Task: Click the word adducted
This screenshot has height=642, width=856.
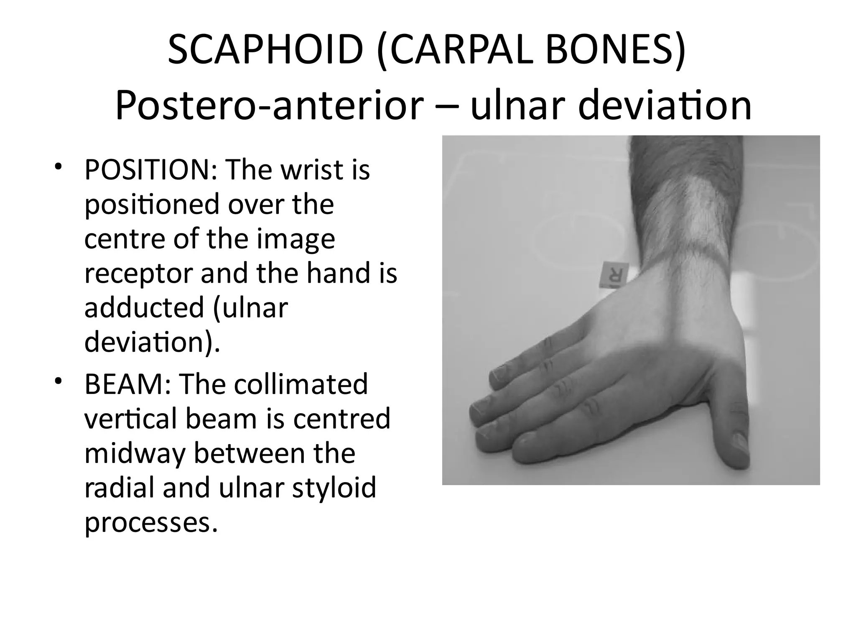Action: [x=144, y=308]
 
